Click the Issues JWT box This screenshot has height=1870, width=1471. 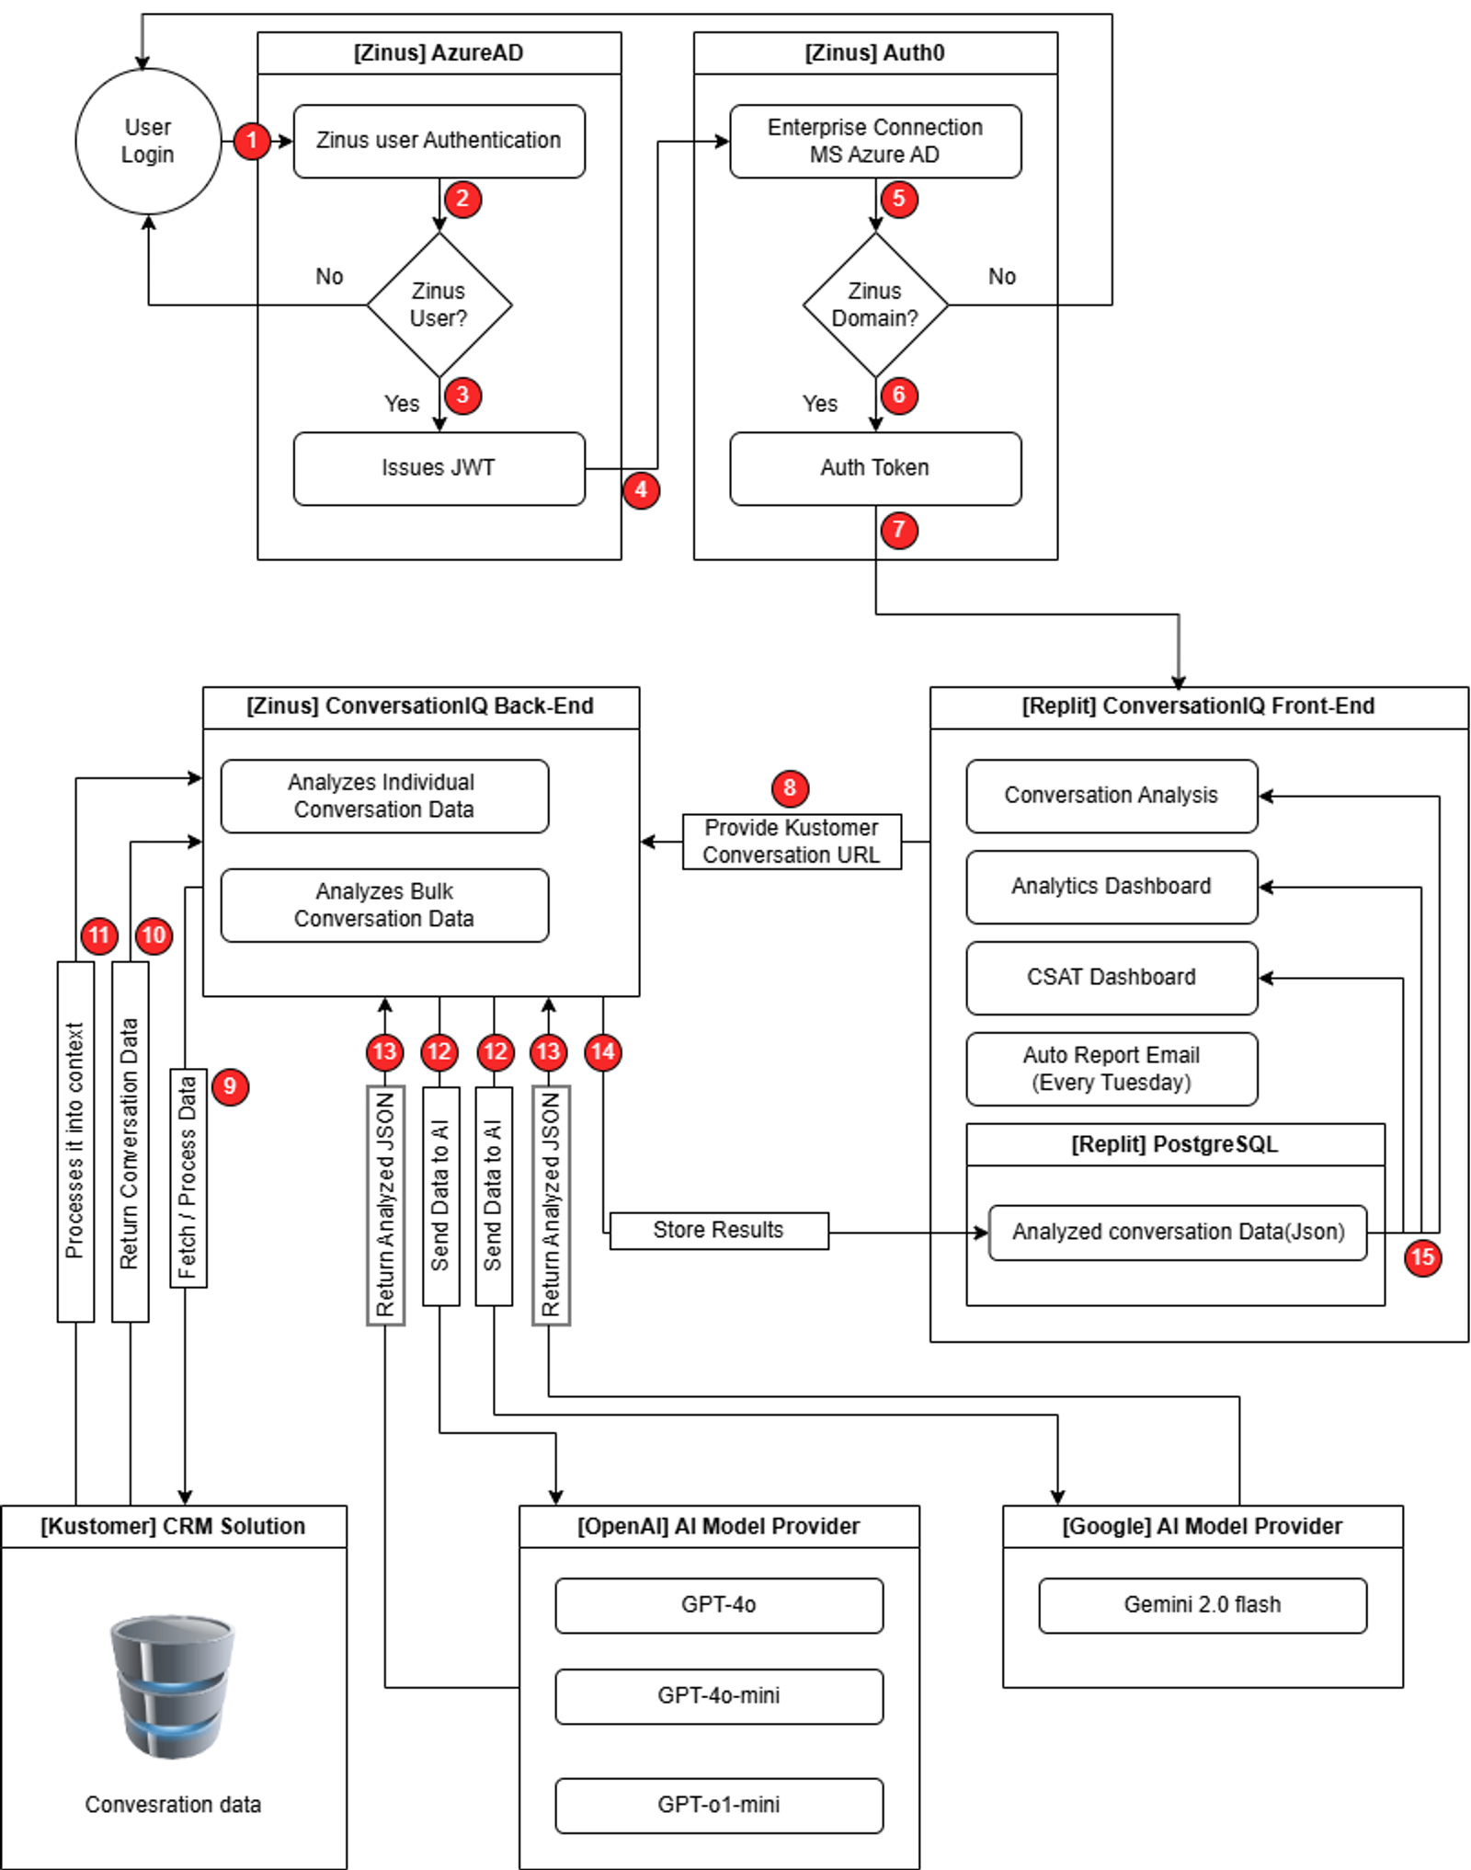click(x=439, y=468)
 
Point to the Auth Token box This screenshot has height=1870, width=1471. click(x=875, y=468)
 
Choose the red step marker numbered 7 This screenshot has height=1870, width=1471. click(x=898, y=530)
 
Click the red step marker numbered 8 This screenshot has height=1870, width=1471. click(x=790, y=787)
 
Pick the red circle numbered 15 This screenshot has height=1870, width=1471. click(x=1422, y=1257)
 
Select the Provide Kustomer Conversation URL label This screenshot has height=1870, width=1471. click(x=792, y=841)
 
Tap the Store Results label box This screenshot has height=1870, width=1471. click(x=719, y=1231)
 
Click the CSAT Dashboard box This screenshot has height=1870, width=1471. click(x=1112, y=978)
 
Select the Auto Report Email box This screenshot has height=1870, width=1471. click(x=1112, y=1069)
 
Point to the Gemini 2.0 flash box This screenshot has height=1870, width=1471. click(x=1203, y=1605)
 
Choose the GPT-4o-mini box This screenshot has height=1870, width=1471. click(x=719, y=1696)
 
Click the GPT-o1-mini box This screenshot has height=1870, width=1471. click(x=719, y=1805)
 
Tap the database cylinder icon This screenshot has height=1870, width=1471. click(x=172, y=1686)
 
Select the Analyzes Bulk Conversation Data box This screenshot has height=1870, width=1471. click(x=384, y=905)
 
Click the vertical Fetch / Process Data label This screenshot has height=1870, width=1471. click(x=188, y=1177)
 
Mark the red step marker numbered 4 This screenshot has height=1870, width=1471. click(x=641, y=489)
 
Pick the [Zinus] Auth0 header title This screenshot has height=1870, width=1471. click(x=874, y=52)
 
